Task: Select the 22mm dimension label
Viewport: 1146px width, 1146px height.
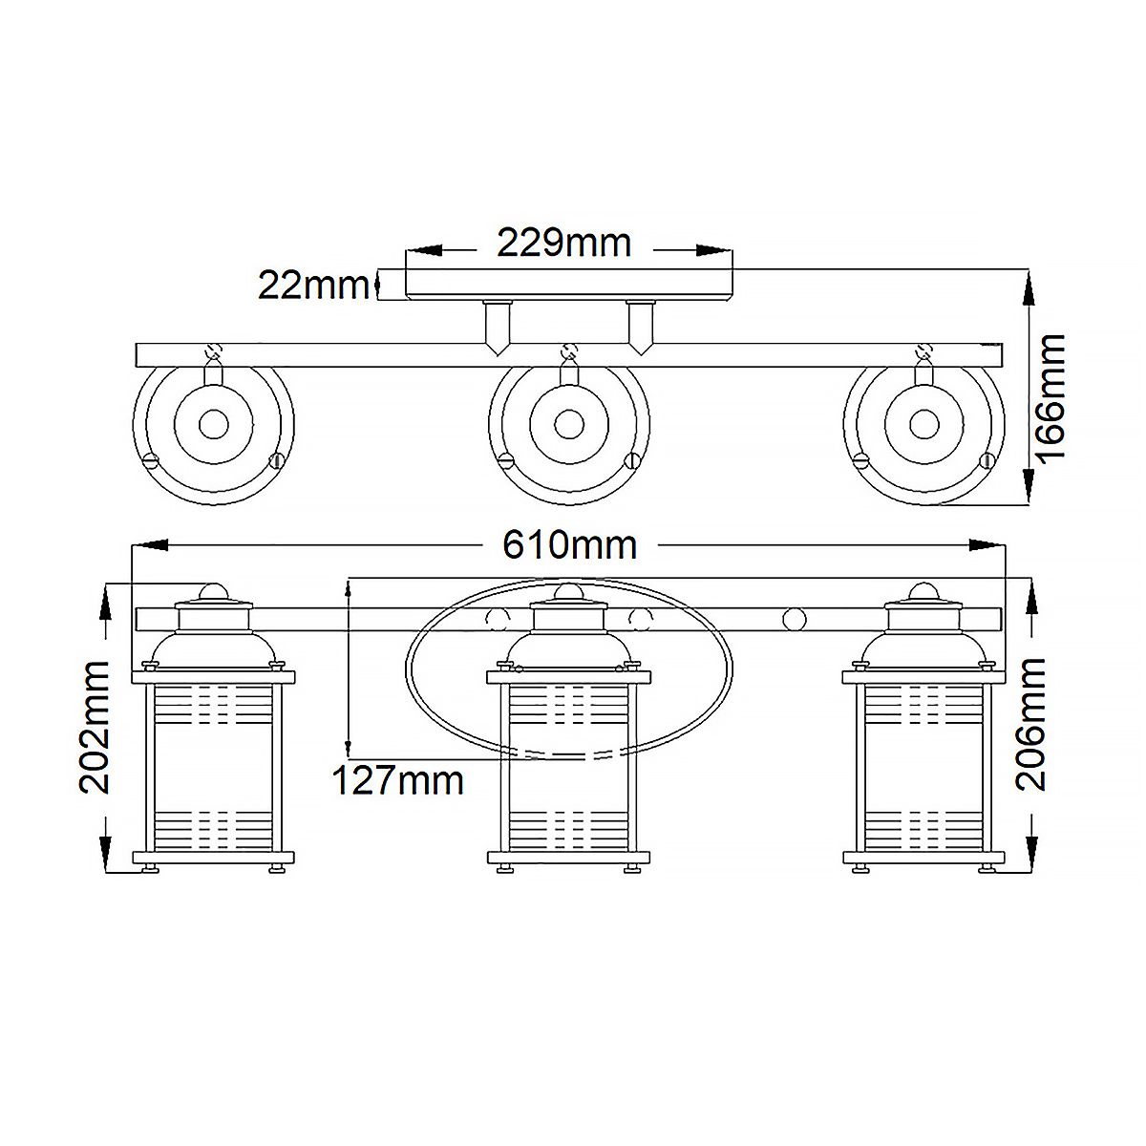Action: [x=313, y=285]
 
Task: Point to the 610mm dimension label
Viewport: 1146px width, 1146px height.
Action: [x=569, y=545]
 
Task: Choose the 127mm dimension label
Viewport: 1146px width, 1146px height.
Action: [x=397, y=781]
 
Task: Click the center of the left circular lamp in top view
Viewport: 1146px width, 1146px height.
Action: [x=213, y=423]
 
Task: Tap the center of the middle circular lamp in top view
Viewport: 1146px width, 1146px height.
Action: [x=569, y=423]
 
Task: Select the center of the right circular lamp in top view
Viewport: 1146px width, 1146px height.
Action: [x=923, y=423]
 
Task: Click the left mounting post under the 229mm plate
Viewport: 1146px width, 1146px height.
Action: [x=498, y=325]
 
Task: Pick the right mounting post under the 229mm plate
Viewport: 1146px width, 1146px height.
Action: [x=640, y=325]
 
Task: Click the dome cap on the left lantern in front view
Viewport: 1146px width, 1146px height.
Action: [x=214, y=591]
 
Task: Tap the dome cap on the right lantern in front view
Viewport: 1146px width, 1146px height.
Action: [x=923, y=591]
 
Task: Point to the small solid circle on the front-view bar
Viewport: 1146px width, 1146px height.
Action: [x=792, y=619]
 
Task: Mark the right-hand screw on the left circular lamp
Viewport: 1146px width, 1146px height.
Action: [x=277, y=460]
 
